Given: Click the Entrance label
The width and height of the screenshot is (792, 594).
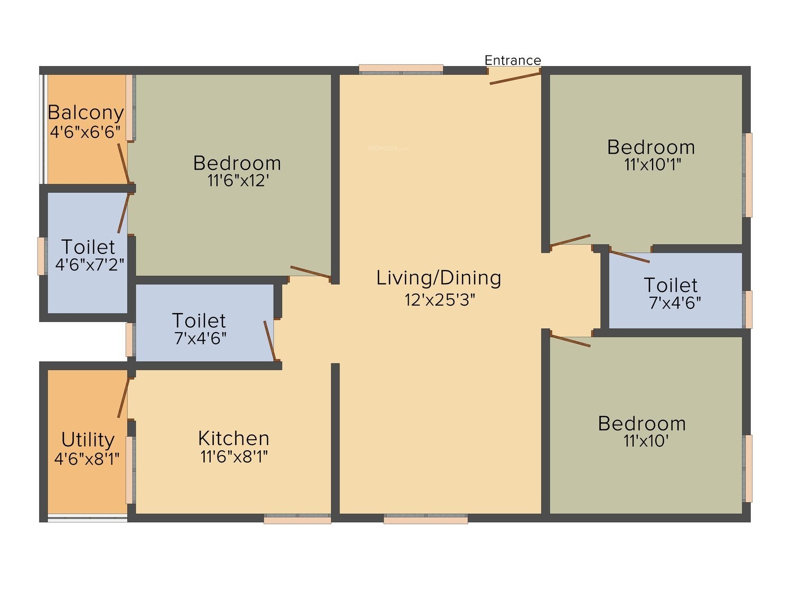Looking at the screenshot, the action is [512, 60].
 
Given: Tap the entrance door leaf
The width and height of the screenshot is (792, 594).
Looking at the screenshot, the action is [515, 78].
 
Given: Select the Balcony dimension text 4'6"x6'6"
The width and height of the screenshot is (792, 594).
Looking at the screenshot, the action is [85, 132].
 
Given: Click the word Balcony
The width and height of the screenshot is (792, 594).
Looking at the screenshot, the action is [86, 112].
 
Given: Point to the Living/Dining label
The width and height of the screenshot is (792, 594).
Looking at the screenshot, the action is [439, 278].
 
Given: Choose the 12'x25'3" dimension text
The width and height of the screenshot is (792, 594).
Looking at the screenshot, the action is [440, 300].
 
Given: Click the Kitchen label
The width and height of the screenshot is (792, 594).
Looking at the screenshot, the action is [234, 439].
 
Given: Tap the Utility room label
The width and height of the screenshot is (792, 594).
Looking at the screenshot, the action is [88, 440].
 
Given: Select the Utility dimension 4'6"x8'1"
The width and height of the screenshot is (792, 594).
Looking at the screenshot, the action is [87, 459].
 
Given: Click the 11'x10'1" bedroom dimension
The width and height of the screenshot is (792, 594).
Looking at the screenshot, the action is [653, 164].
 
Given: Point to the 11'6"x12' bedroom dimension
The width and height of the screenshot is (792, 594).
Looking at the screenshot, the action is [238, 181].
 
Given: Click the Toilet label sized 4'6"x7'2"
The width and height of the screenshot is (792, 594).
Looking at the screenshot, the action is [88, 248].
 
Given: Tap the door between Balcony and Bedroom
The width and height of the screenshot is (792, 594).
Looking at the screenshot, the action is [124, 163].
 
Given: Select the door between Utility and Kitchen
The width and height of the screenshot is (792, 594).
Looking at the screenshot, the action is [124, 397].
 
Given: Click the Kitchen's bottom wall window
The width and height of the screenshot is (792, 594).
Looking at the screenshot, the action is [297, 518].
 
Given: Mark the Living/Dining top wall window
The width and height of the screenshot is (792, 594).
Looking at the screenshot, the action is [401, 69].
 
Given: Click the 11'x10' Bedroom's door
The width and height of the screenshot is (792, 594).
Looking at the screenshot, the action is [570, 341].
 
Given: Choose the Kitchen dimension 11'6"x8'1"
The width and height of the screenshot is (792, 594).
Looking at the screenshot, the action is [234, 457].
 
